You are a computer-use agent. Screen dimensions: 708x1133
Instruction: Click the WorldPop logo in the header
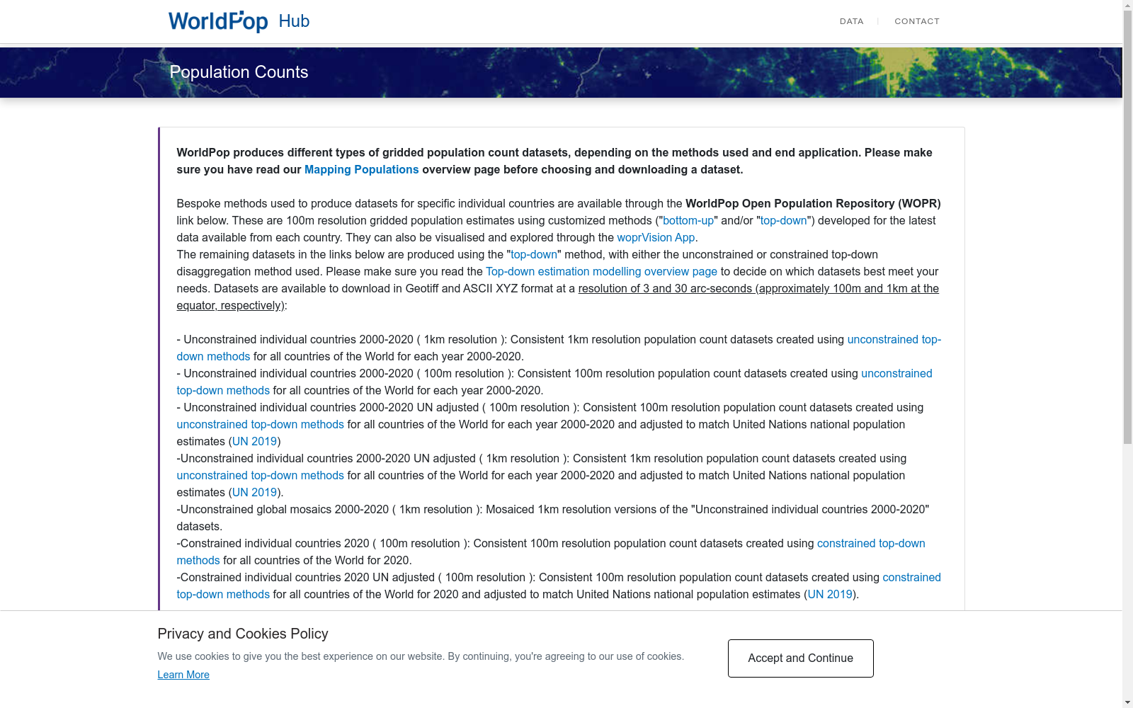217,21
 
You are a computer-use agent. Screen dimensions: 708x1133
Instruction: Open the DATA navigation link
851,21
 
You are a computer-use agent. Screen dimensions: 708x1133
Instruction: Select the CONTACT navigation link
916,21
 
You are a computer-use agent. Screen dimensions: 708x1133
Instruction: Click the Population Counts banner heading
239,72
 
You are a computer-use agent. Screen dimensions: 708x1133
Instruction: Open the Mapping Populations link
361,170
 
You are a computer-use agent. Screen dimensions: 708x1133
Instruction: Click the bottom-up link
688,221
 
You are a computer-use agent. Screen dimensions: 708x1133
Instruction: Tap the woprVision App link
656,238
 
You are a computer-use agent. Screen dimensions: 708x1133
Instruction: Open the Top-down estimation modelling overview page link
601,272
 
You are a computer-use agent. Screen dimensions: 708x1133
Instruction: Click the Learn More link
183,675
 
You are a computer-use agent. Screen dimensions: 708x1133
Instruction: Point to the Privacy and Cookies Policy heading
243,634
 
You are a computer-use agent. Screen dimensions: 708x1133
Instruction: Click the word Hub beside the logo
294,21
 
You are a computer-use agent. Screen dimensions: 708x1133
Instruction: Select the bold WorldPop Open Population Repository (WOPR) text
813,204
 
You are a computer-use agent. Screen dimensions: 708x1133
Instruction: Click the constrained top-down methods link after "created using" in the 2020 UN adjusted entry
911,578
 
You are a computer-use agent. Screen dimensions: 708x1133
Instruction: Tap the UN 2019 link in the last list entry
830,595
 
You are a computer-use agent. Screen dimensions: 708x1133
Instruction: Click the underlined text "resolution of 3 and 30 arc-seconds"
665,289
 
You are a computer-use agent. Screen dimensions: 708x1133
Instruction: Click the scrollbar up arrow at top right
1127,6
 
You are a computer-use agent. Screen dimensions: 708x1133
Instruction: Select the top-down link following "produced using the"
534,255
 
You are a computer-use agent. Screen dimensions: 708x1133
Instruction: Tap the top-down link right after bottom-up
783,221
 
